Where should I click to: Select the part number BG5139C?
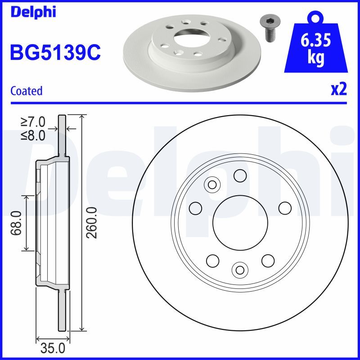click(x=55, y=53)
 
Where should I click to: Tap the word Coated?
click(x=26, y=90)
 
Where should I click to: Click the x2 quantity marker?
click(x=339, y=89)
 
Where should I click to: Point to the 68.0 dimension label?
click(x=17, y=223)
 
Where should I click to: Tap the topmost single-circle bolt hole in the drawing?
click(x=240, y=175)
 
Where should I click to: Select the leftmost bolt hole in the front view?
click(x=195, y=208)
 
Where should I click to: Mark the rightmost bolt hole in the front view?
click(x=285, y=208)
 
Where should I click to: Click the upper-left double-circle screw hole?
click(x=212, y=184)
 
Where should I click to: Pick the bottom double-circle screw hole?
click(x=239, y=269)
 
